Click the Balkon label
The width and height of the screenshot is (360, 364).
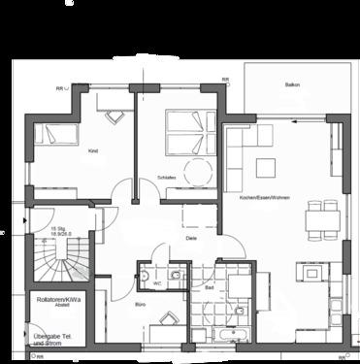click(291, 85)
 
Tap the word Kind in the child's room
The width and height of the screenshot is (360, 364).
click(93, 151)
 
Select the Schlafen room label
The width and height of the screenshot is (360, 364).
click(166, 179)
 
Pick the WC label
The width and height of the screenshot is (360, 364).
click(156, 283)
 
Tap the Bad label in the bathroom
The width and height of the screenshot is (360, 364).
click(210, 288)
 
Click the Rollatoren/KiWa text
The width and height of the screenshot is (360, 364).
click(54, 300)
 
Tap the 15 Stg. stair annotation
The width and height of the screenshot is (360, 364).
click(64, 231)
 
